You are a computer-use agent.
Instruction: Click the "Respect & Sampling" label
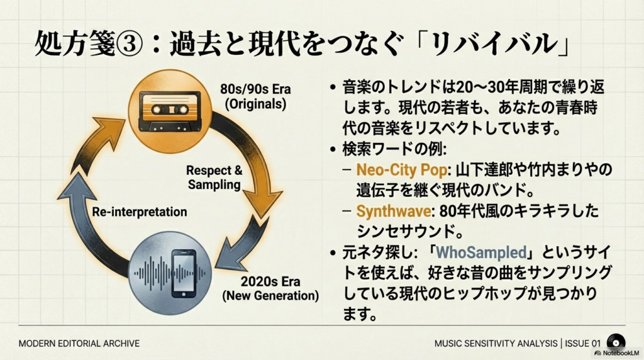(214, 177)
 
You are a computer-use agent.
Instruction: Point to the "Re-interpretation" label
(140, 211)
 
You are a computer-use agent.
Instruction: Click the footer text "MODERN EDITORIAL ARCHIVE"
(79, 344)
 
